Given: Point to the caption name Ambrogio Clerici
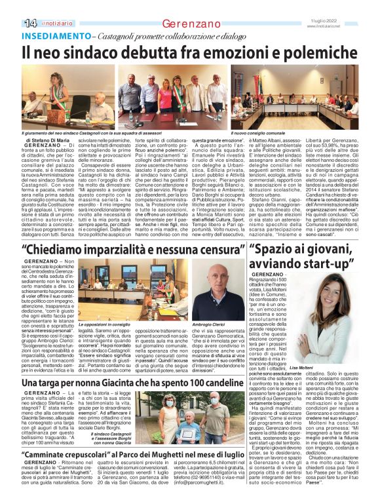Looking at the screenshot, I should tap(229, 324).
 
